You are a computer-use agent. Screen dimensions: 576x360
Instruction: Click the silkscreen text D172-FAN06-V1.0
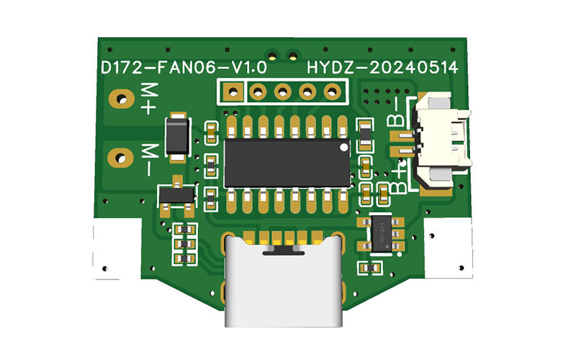point(184,67)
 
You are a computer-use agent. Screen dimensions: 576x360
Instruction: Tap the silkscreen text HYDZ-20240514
point(382,67)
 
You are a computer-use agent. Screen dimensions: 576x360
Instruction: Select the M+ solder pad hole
point(122,99)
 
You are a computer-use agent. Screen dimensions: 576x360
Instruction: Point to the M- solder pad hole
point(120,158)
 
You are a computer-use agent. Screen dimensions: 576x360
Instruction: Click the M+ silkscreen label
point(149,99)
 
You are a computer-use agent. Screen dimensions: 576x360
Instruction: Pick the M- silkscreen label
point(150,160)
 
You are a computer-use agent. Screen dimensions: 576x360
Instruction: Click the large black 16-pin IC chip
point(287,163)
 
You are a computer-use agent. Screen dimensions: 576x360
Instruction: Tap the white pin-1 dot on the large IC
point(344,148)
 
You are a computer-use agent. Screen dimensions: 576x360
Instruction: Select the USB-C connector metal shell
point(284,282)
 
